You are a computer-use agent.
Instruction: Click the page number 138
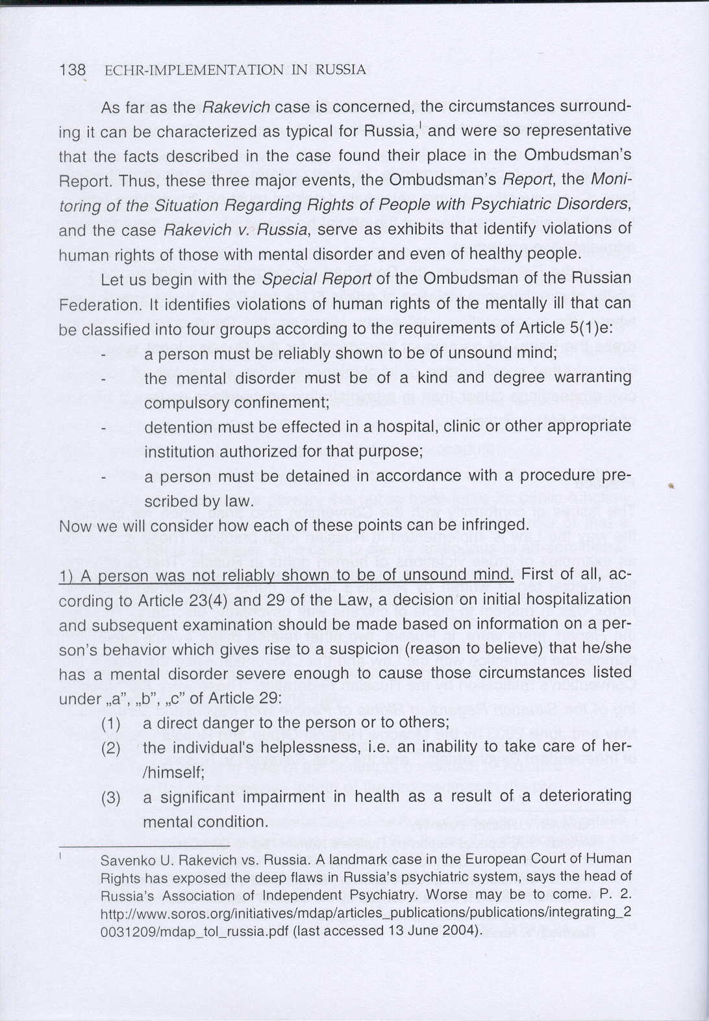pos(72,70)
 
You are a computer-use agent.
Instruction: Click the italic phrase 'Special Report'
pos(317,279)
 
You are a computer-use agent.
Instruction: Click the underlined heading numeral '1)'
pos(67,575)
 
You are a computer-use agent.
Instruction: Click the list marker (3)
pos(111,798)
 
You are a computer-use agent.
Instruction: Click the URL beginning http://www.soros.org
pos(366,913)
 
